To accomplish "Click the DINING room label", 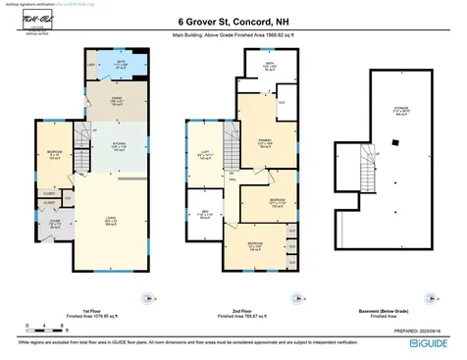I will pos(115,100).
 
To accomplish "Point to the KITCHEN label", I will pos(115,147).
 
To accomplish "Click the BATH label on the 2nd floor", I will pos(269,68).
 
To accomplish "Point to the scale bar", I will pos(36,322).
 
